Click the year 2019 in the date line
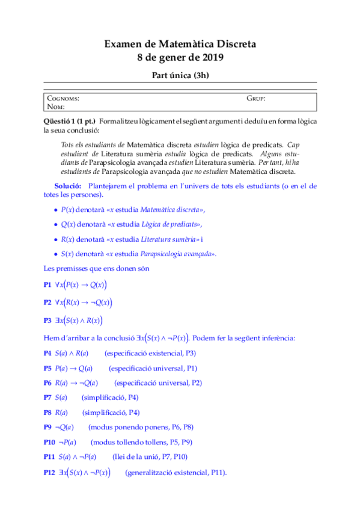click(212, 58)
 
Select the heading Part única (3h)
click(180, 76)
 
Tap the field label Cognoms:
click(63, 98)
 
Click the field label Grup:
click(256, 98)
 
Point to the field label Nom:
click(55, 106)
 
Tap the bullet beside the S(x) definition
click(56, 254)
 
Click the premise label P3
click(48, 321)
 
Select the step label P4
click(48, 353)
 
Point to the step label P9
click(48, 427)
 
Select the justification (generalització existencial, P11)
click(176, 473)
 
